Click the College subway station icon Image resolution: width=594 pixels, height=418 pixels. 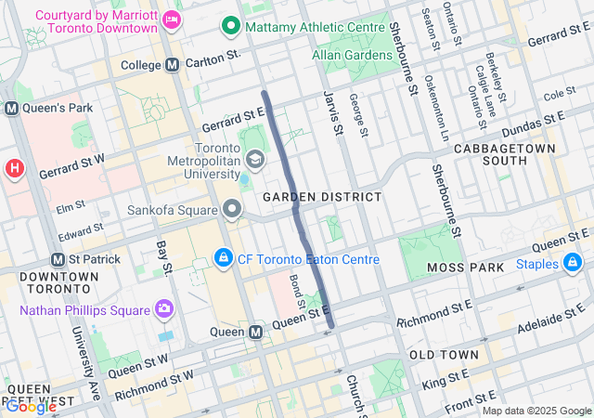point(172,65)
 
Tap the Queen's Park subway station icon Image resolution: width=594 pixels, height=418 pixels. point(12,108)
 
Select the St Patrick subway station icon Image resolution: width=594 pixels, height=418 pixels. point(58,259)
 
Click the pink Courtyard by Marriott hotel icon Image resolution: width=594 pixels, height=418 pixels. point(171,19)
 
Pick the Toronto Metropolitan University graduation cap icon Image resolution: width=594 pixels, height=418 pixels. point(253,160)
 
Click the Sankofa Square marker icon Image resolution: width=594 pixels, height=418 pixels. point(231,207)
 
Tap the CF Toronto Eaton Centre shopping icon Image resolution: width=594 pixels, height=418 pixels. point(223,257)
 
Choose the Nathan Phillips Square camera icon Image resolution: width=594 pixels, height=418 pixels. point(164,307)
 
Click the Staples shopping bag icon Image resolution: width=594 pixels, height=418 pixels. point(575,265)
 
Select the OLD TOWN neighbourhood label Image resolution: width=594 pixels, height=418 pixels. point(445,355)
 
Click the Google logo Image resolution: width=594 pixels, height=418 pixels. point(31,406)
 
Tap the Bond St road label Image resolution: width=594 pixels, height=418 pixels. point(297,292)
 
